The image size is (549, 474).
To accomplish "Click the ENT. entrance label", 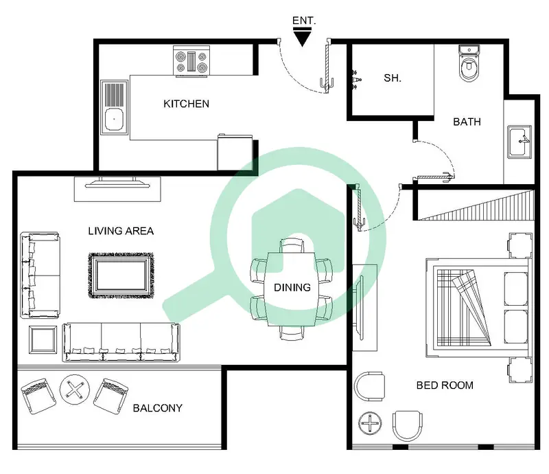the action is pos(304,21).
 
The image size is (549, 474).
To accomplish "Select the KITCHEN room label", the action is pos(186,104).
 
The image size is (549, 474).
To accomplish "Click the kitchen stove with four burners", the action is pos(191,62).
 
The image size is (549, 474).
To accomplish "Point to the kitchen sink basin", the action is pos(114,120).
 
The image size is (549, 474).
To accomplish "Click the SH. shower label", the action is pos(393,78).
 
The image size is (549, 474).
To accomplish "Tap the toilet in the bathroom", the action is pos(469,63).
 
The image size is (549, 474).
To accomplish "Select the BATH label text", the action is pos(467,122).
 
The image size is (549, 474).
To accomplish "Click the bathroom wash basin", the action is pos(519,142).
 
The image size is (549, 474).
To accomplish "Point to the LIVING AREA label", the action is pos(121,231).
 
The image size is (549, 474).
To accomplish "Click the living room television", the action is pos(117,183).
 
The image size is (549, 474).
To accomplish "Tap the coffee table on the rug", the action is pos(121,275).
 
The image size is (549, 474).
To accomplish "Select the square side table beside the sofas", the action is pos(43,340).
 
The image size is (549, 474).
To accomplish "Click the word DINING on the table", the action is pos(292,287).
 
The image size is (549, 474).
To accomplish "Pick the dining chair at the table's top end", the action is pos(292,245).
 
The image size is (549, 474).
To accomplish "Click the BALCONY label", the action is pos(158,408).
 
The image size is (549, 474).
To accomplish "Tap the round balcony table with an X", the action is pos(75,390).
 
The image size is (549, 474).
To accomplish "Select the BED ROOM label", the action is pos(445,385).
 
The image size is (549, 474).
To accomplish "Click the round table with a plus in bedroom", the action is pos(370,423).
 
